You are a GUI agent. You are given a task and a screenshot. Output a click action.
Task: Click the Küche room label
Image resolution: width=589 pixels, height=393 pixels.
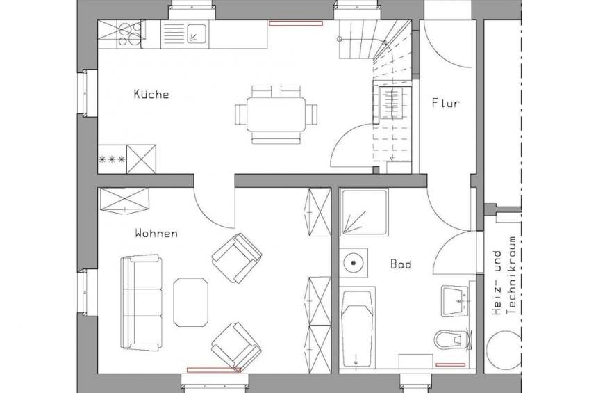[x=151, y=94]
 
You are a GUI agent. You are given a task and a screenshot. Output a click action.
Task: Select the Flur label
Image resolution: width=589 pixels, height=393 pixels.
[x=445, y=103]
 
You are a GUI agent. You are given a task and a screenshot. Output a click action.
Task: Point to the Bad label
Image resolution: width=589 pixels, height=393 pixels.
[x=401, y=264]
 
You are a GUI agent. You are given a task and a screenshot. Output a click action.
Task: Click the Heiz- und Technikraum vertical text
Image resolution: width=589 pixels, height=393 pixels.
[x=504, y=275]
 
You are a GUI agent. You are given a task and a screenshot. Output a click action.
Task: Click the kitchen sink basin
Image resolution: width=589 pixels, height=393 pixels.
[x=197, y=34]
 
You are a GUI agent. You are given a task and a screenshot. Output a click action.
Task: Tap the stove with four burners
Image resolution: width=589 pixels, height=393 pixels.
[x=130, y=33]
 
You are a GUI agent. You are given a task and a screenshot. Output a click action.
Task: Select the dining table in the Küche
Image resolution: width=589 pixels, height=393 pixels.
[x=276, y=114]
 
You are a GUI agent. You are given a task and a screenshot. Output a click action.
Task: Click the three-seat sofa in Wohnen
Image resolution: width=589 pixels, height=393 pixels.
[x=141, y=303]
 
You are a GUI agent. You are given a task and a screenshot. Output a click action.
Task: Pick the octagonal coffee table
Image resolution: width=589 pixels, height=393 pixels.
[x=190, y=303]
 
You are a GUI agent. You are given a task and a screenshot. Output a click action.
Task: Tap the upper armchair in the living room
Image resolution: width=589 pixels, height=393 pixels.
[x=237, y=257]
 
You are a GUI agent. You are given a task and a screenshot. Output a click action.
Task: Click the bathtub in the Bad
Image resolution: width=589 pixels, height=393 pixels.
[x=357, y=327]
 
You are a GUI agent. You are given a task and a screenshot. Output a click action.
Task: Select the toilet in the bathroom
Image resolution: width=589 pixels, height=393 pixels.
[x=453, y=339]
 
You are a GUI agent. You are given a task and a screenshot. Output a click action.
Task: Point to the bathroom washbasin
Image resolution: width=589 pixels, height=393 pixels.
[x=455, y=301]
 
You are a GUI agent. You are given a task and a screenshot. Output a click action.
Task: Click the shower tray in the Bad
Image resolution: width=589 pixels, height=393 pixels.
[x=364, y=212]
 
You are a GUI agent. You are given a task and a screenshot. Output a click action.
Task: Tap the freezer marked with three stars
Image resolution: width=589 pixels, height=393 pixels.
[x=112, y=159]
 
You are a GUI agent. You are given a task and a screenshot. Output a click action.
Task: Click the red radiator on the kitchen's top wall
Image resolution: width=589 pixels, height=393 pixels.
[x=296, y=24]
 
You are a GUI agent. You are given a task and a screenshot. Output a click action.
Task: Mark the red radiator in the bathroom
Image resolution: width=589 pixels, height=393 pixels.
[x=450, y=364]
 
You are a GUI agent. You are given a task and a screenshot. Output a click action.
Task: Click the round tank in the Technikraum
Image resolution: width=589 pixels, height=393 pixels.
[x=504, y=350]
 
